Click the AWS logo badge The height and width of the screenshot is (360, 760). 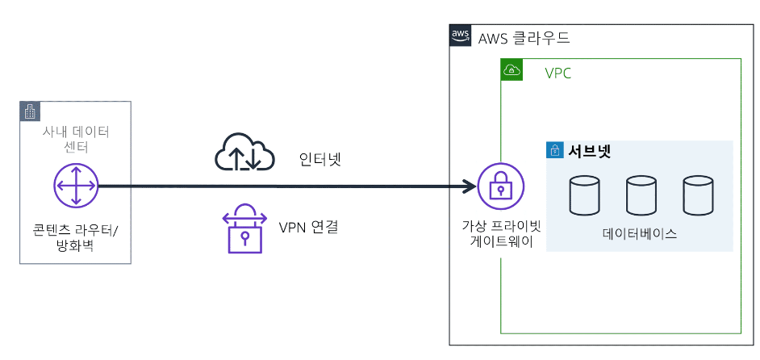click(x=460, y=36)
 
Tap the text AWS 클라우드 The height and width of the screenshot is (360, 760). click(x=524, y=38)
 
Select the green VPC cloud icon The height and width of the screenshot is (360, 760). click(x=512, y=70)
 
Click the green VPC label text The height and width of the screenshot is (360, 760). click(x=557, y=73)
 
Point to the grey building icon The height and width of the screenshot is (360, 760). click(x=30, y=111)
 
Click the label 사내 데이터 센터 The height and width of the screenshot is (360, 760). click(x=76, y=138)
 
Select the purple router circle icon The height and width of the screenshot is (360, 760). click(x=76, y=186)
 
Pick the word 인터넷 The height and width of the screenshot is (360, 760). click(x=321, y=159)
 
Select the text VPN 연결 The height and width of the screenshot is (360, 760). click(x=308, y=227)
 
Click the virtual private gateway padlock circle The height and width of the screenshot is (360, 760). click(x=501, y=186)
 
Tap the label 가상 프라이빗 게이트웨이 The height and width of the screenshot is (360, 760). click(x=502, y=234)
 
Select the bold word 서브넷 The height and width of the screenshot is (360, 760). click(x=589, y=152)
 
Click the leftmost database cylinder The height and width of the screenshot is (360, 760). click(x=584, y=195)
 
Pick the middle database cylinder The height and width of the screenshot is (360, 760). click(x=641, y=195)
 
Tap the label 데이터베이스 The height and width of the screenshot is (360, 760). click(x=640, y=234)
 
